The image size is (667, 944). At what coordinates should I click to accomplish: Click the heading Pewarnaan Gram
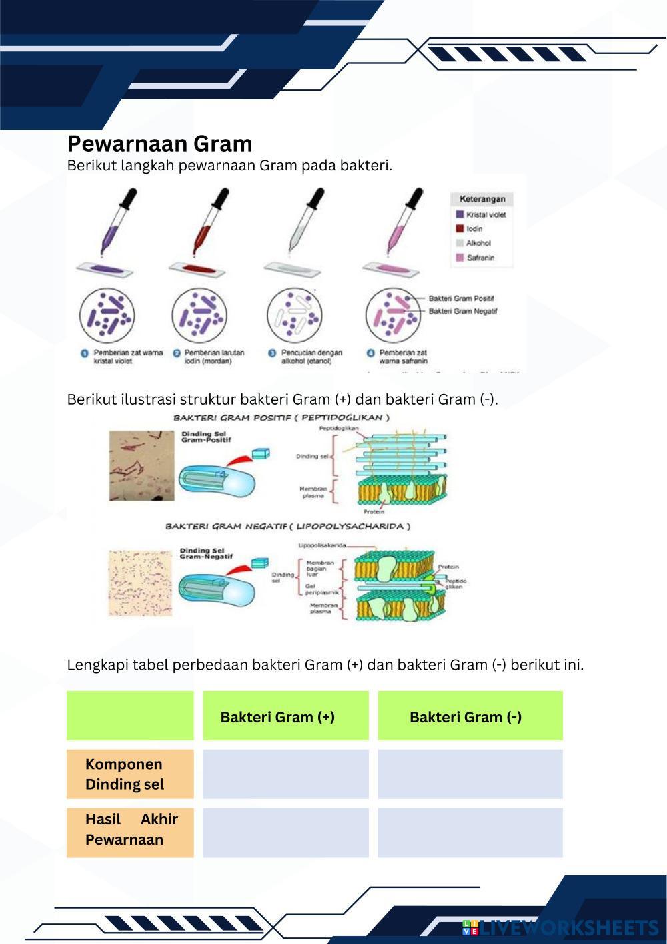159,144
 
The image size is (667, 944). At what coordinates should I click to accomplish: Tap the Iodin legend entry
474,229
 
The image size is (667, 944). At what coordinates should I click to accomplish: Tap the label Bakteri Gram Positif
461,298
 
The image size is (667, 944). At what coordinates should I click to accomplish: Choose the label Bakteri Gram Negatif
462,311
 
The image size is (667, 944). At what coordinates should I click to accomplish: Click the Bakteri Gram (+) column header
277,717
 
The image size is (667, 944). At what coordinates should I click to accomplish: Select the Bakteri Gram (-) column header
466,717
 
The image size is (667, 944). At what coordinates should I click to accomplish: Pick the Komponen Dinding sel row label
125,774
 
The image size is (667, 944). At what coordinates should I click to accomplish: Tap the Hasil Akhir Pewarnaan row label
131,829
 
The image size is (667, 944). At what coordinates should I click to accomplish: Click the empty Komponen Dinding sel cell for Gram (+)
285,774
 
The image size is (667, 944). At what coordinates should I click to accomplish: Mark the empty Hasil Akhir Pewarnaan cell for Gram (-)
470,833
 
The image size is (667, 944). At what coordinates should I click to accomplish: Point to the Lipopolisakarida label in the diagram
321,545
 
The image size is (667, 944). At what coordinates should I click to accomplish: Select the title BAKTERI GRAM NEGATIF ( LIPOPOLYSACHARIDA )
287,526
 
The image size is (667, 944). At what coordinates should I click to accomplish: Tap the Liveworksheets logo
560,927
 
